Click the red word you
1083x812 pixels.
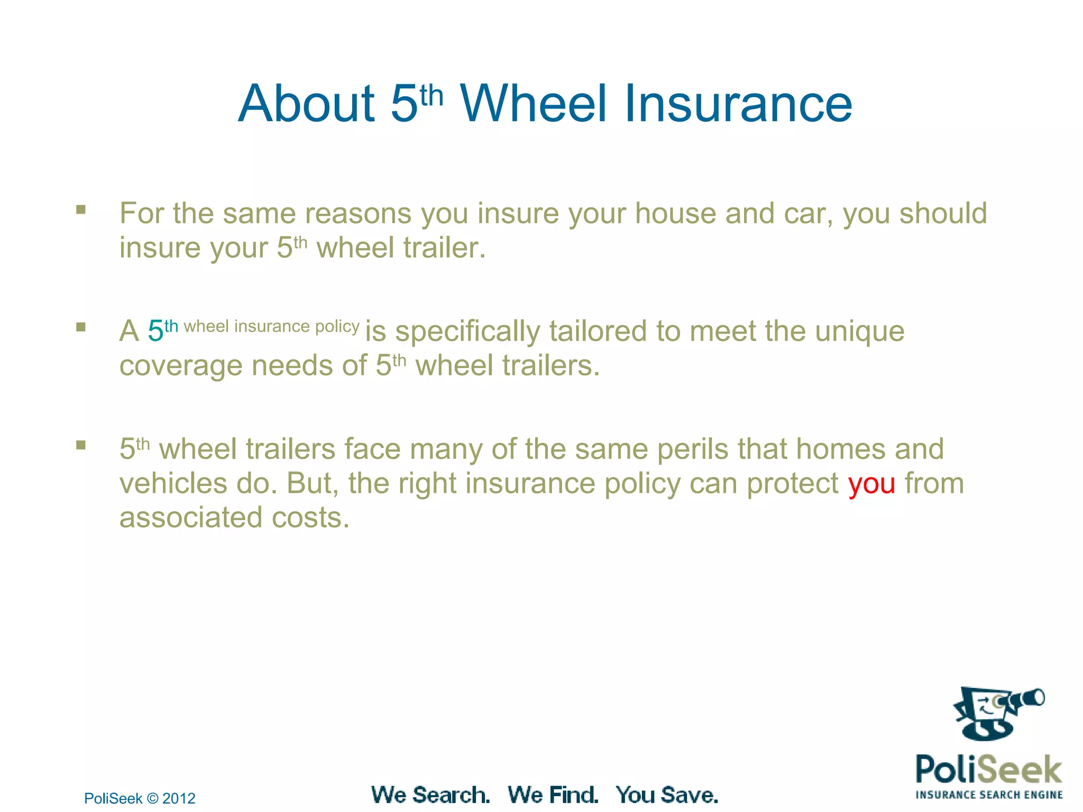point(871,484)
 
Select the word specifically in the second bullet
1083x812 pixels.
point(467,332)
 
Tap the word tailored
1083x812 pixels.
point(598,331)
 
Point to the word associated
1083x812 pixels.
point(191,518)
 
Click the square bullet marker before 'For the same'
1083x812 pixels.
point(81,210)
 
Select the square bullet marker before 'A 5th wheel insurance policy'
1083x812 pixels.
point(81,327)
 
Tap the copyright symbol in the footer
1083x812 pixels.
point(152,798)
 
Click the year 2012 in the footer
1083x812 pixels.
point(179,798)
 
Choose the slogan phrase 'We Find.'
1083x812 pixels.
point(553,795)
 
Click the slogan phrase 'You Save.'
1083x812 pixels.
point(667,795)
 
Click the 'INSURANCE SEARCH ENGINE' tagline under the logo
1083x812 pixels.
point(989,795)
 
